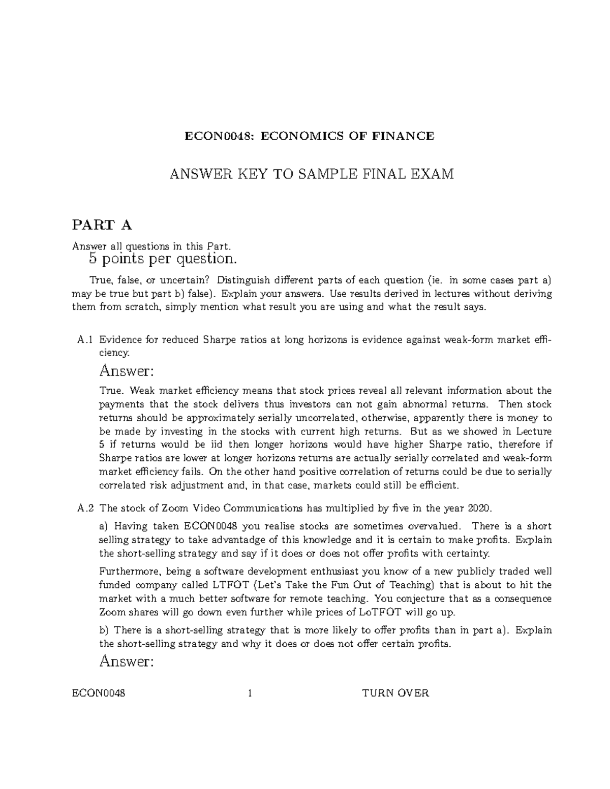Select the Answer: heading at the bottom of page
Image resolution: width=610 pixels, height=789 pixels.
pos(126,661)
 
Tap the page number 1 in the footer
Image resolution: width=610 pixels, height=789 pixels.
pos(250,693)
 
